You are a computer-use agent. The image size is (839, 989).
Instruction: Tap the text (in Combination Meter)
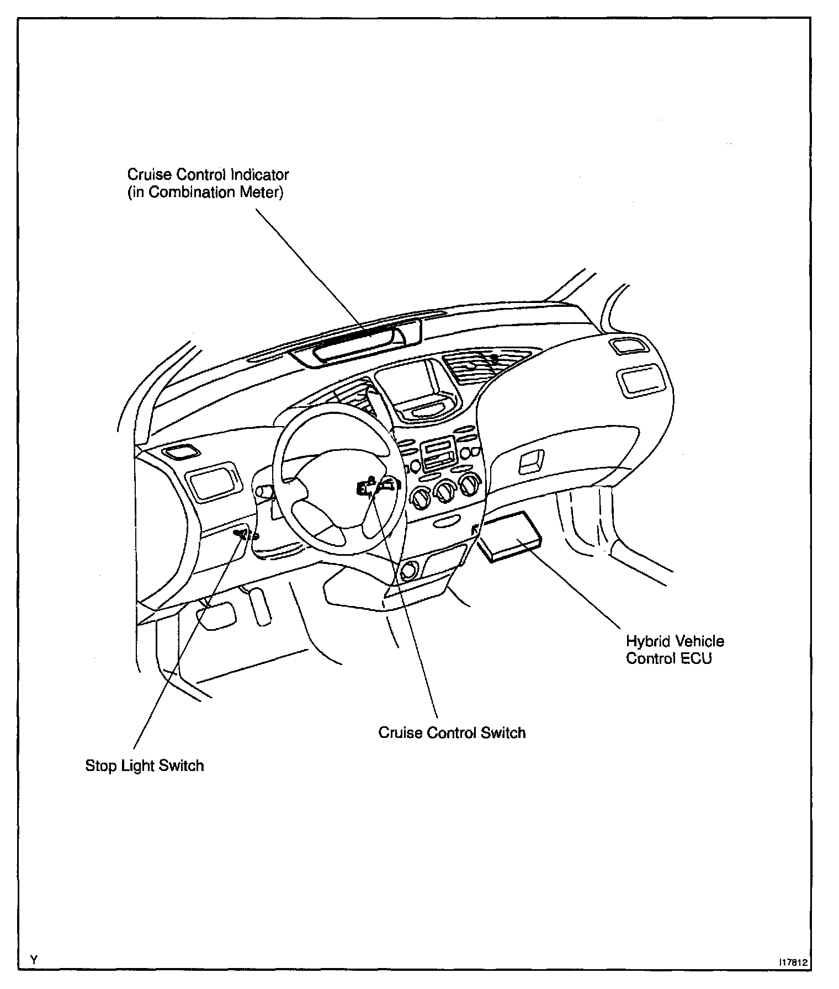[x=205, y=193]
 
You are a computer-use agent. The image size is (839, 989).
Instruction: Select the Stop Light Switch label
[x=145, y=765]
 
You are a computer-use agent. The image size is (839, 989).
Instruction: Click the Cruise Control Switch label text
[x=452, y=732]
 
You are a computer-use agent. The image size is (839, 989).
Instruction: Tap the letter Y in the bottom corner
[x=34, y=959]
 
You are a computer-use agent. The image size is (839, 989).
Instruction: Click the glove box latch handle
[x=531, y=461]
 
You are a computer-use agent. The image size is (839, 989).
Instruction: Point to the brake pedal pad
[x=216, y=616]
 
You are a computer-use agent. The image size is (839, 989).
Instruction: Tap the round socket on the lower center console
[x=409, y=571]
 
